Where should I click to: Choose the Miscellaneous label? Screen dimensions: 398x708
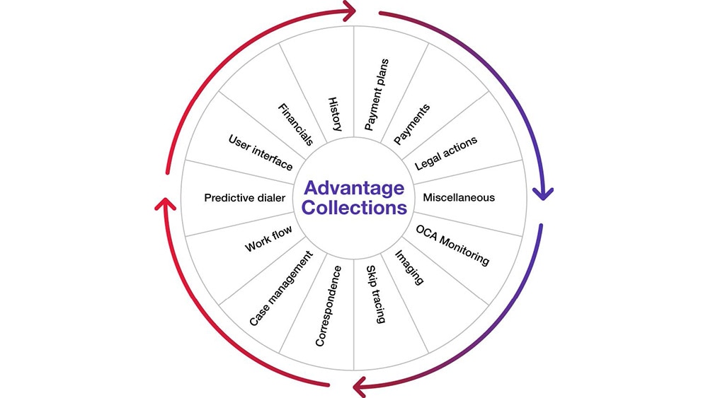click(x=458, y=197)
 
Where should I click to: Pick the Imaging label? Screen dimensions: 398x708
click(x=409, y=267)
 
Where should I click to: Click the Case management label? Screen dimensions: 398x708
click(x=280, y=288)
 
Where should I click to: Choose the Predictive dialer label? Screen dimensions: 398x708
click(x=244, y=198)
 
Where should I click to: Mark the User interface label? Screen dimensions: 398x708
click(x=260, y=151)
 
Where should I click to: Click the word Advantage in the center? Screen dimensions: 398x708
click(x=354, y=188)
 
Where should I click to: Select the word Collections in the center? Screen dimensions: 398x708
click(x=354, y=209)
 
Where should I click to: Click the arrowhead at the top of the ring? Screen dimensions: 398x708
click(x=350, y=11)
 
